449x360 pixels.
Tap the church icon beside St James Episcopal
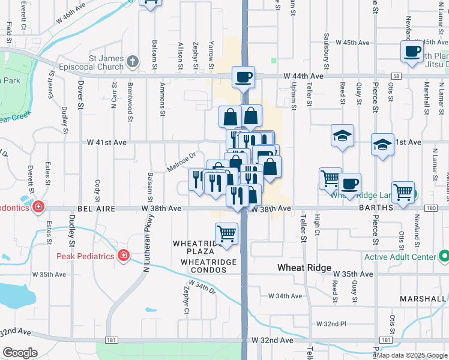click(132, 61)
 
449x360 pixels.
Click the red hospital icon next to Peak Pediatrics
click(124, 256)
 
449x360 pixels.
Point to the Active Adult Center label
click(405, 257)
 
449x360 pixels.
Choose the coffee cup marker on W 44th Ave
click(244, 77)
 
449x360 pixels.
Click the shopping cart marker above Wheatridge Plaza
click(226, 233)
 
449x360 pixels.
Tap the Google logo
click(20, 353)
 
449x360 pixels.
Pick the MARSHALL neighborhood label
click(425, 298)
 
